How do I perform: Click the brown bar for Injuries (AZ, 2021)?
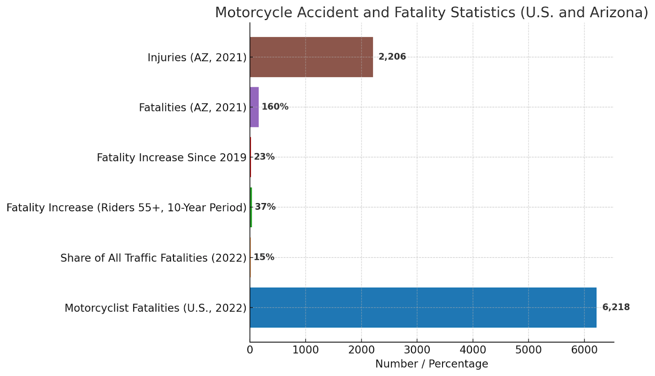pos(311,57)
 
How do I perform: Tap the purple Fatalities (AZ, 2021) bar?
pos(254,107)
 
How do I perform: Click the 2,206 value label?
pos(392,57)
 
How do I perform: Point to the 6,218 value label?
pos(616,307)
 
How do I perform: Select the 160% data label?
pos(275,107)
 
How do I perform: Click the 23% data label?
pos(264,157)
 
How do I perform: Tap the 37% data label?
pos(265,207)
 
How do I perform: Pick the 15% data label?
pos(264,257)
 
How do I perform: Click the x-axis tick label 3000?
pos(417,350)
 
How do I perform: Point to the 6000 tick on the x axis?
pos(584,350)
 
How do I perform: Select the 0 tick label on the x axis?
pos(250,350)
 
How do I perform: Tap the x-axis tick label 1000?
pos(305,350)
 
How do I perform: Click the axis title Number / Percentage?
pos(431,364)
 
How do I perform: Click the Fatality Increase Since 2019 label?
pos(172,157)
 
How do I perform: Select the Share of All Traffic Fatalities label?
pos(154,258)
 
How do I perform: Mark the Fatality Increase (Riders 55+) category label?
pos(126,208)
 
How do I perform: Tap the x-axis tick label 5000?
pos(528,350)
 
